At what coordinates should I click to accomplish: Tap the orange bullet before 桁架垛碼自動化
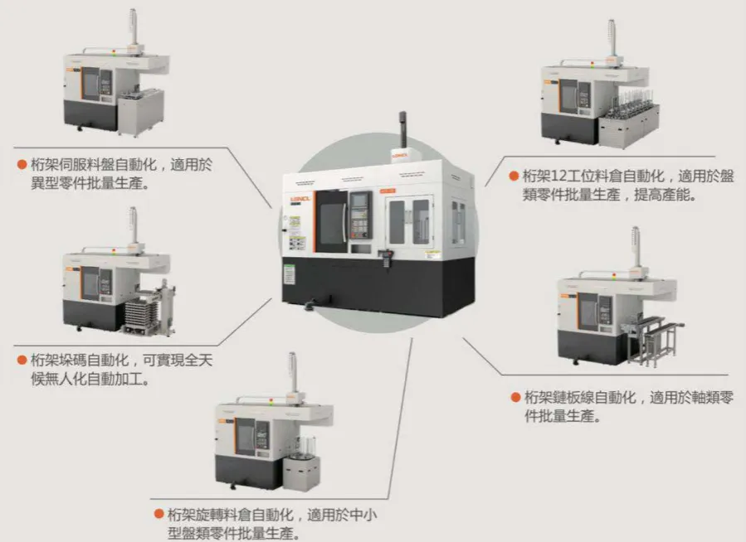coord(22,361)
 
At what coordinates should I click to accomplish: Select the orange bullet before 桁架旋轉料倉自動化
coord(158,514)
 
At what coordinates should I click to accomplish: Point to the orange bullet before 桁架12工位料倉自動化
coord(514,176)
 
